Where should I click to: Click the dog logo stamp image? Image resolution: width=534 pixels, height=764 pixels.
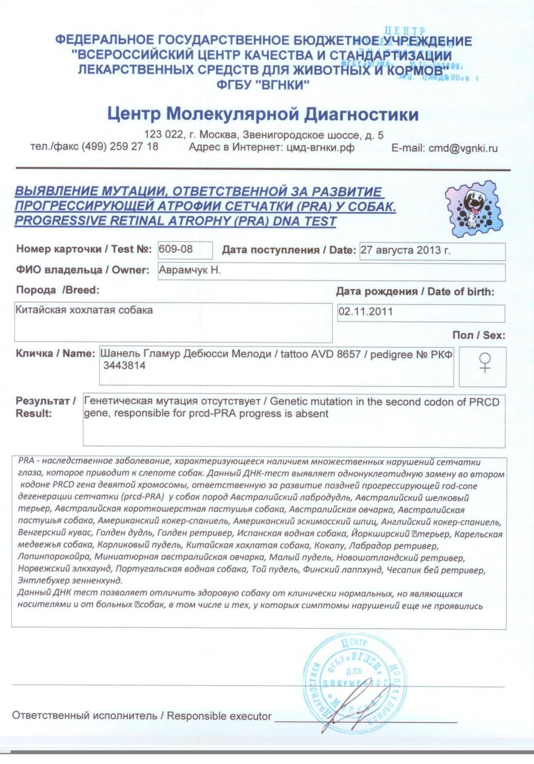pyautogui.click(x=474, y=209)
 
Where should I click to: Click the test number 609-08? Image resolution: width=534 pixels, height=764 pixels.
pyautogui.click(x=176, y=250)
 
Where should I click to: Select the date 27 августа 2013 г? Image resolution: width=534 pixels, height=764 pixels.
pyautogui.click(x=405, y=250)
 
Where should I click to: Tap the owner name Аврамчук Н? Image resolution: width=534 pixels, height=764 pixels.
pyautogui.click(x=190, y=270)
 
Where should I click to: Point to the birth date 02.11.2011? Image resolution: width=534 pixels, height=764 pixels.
pyautogui.click(x=366, y=312)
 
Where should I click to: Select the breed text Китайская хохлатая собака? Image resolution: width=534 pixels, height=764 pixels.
pyautogui.click(x=84, y=310)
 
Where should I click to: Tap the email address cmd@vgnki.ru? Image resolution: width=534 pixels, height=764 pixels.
pyautogui.click(x=463, y=148)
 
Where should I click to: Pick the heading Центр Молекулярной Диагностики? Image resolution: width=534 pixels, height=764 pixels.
pyautogui.click(x=263, y=114)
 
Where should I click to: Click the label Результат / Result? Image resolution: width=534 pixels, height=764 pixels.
pyautogui.click(x=45, y=407)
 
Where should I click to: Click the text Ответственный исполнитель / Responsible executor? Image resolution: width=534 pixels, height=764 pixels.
pyautogui.click(x=141, y=716)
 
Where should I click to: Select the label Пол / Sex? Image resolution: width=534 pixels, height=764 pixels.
pyautogui.click(x=479, y=335)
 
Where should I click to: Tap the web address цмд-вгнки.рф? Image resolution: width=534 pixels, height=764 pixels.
pyautogui.click(x=320, y=147)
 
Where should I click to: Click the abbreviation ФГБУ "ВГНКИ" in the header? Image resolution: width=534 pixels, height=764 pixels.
pyautogui.click(x=263, y=85)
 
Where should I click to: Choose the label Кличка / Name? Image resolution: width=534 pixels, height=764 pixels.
pyautogui.click(x=55, y=353)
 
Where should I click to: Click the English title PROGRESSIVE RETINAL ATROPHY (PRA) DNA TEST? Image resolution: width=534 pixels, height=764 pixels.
pyautogui.click(x=175, y=221)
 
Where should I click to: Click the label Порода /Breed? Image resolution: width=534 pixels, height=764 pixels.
pyautogui.click(x=57, y=290)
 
